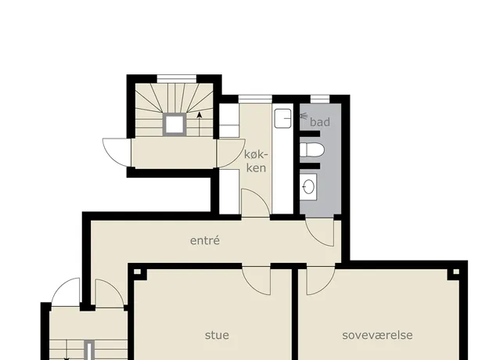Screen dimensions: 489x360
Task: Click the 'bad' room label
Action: point(320,122)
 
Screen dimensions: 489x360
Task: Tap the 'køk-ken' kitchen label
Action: point(256,161)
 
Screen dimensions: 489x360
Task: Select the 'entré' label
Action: point(205,240)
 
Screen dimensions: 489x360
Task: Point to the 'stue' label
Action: point(217,335)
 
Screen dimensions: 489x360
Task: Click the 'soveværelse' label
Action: point(377,335)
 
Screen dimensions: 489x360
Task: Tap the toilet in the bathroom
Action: point(312,150)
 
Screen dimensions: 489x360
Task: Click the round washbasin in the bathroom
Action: point(308,187)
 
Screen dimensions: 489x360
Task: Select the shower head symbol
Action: point(304,116)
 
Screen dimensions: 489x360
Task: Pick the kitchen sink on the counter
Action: point(282,118)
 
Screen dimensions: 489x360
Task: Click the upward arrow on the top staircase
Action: point(200,124)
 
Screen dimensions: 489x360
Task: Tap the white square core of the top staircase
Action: point(174,124)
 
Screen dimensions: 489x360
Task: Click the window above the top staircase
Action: point(177,78)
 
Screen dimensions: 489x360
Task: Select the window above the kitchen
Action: point(255,99)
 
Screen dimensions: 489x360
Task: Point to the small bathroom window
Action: point(320,99)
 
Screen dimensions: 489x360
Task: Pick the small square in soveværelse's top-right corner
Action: point(455,272)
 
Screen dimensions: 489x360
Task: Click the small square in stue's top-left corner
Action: point(137,272)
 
